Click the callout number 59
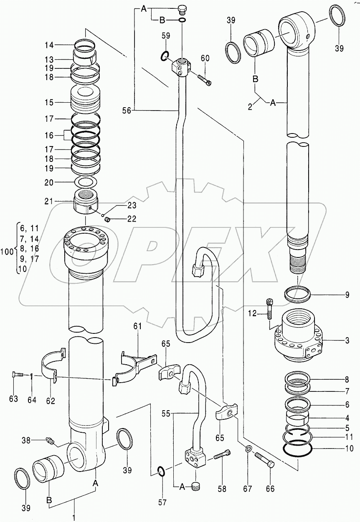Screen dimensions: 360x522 tap(166, 36)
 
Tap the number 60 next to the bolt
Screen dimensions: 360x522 tap(205, 58)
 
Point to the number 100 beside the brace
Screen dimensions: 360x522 tap(7, 252)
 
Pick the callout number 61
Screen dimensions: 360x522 tap(138, 326)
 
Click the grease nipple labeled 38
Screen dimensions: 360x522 tap(51, 440)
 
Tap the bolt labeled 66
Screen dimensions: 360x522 tap(265, 459)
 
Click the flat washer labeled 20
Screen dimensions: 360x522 tap(86, 182)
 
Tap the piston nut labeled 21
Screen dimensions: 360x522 tap(86, 200)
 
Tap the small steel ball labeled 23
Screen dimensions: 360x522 tap(102, 215)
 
